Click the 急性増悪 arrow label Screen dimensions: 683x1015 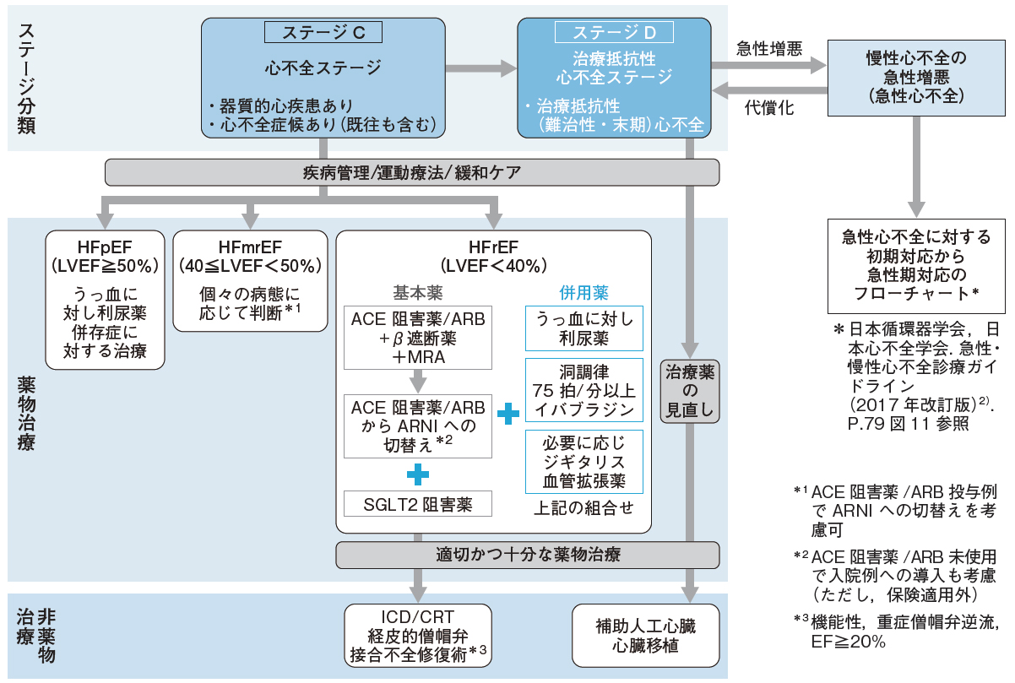[769, 48]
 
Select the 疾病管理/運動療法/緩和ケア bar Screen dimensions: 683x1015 [412, 172]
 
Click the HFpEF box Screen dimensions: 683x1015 [105, 299]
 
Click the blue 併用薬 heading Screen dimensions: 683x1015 [583, 292]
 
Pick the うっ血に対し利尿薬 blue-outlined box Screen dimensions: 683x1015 [583, 328]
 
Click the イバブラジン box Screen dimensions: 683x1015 [583, 389]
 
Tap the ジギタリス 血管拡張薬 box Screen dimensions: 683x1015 [583, 462]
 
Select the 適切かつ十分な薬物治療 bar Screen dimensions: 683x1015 [528, 555]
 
